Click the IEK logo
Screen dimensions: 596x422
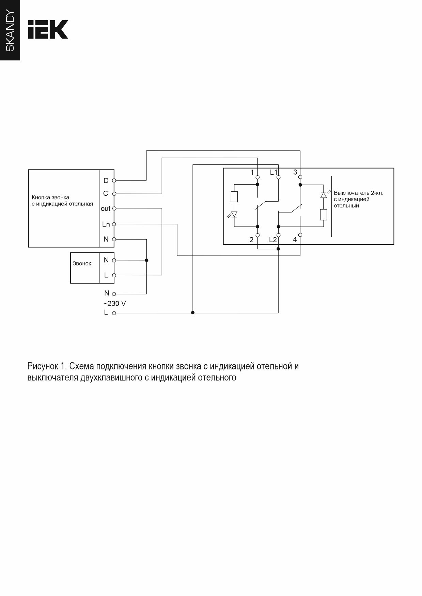[48, 29]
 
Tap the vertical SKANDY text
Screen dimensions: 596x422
[10, 31]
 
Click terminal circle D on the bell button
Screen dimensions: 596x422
[114, 180]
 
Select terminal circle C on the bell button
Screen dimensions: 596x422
[114, 194]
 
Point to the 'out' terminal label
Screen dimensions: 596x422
[106, 208]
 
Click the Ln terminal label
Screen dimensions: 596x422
[106, 224]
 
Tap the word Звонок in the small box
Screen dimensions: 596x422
[82, 264]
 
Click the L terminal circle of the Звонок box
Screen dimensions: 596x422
[114, 275]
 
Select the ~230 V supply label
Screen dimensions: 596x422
[115, 303]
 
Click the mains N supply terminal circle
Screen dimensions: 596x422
[114, 294]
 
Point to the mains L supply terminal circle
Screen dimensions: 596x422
[114, 313]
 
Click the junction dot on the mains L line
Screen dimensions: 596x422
[193, 312]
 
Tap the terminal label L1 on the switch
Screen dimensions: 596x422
[273, 172]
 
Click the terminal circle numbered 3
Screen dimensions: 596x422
[300, 177]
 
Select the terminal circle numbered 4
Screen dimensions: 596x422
[300, 235]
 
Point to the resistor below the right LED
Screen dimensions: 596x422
[324, 215]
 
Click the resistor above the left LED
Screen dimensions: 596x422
[234, 197]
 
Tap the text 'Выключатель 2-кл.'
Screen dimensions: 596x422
[358, 193]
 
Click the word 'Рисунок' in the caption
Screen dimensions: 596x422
[43, 366]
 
